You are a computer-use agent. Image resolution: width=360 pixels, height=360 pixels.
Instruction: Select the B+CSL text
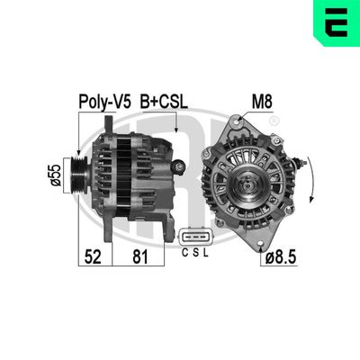[164, 102]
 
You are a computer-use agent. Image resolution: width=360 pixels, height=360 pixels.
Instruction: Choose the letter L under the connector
[206, 255]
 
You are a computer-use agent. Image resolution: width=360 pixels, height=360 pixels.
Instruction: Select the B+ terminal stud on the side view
[178, 165]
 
